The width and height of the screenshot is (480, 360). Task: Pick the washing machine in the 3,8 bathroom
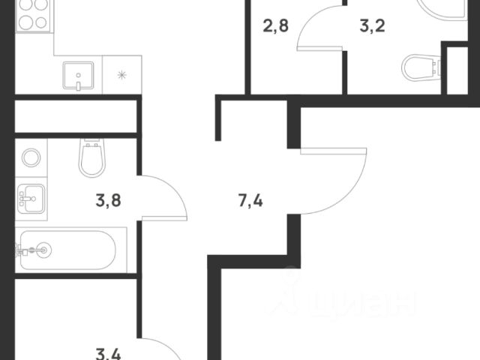[31, 158]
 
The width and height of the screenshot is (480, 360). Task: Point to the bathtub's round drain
[43, 250]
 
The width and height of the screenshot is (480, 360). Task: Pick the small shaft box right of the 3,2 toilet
[455, 70]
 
